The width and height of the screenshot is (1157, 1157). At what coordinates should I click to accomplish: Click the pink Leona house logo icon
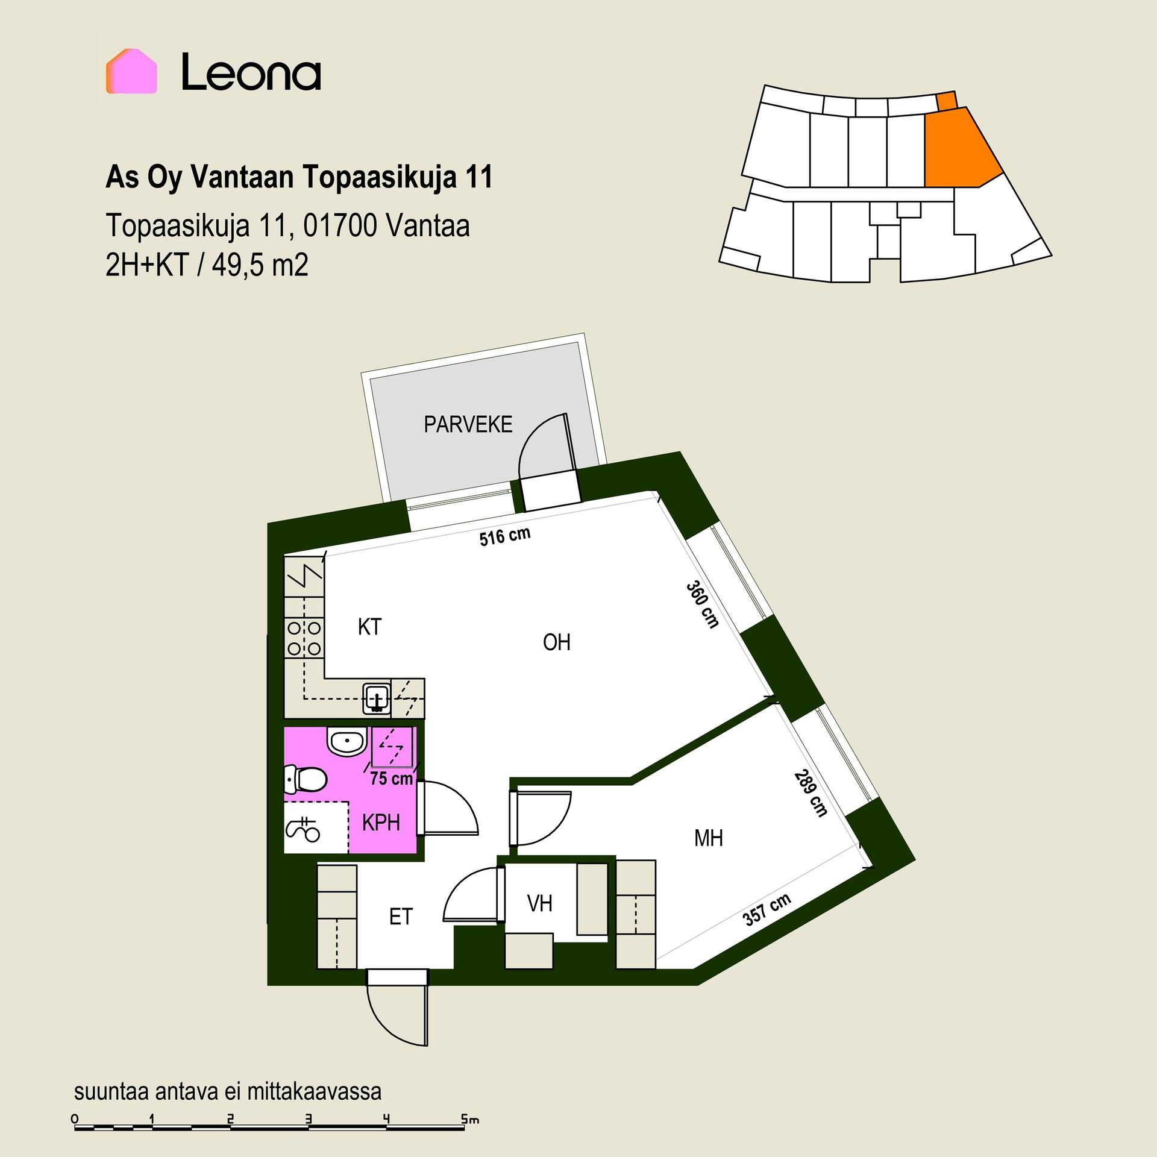[131, 71]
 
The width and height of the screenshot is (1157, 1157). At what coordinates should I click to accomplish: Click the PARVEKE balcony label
[468, 425]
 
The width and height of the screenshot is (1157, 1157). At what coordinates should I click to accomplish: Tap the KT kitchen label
[369, 627]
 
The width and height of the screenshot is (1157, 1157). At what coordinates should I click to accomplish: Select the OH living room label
[556, 642]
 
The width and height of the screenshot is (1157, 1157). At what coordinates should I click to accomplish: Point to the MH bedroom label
[708, 838]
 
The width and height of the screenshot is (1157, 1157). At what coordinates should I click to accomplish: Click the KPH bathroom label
[381, 823]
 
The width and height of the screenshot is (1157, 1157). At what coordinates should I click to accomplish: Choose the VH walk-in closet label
[539, 903]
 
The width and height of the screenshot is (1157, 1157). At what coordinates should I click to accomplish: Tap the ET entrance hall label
[401, 917]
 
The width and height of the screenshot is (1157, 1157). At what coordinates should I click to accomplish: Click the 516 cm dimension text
[505, 536]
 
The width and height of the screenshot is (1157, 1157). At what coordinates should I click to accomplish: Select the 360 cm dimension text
[703, 605]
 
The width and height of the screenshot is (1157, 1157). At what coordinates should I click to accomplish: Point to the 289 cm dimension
[811, 793]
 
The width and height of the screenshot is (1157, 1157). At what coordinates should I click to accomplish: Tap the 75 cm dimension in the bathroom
[391, 779]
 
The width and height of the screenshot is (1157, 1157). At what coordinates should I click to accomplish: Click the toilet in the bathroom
[305, 782]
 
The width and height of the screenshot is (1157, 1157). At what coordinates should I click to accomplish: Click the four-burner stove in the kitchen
[304, 639]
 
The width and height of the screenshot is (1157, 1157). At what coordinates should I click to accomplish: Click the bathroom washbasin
[347, 741]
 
